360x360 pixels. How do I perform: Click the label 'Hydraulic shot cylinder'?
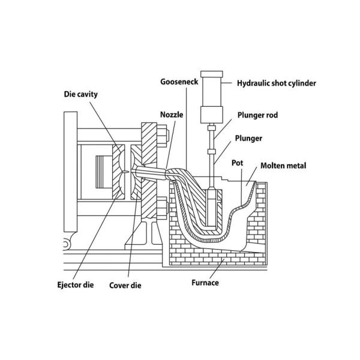coord(277,83)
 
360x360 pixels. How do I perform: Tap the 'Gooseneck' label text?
coord(176,81)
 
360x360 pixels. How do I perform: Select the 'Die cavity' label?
coord(81,94)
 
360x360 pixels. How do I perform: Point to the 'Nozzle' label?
coord(172,114)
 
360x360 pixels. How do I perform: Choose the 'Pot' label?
coord(237,162)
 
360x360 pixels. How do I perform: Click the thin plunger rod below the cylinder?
coord(211,150)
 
